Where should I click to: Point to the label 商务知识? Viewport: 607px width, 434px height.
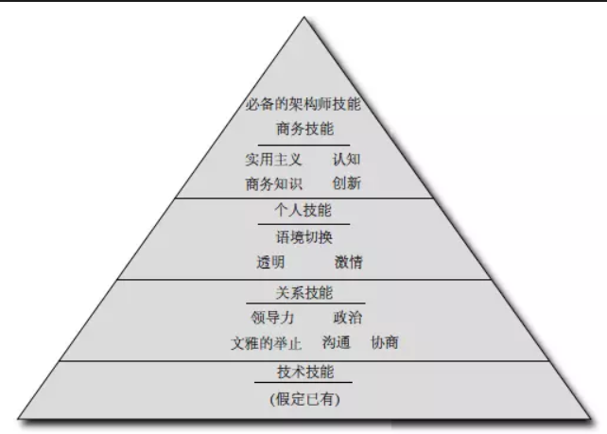click(274, 182)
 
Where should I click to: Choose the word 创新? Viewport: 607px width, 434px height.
click(346, 182)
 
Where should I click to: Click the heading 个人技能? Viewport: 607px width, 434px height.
click(304, 212)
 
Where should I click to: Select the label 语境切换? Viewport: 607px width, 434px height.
click(304, 237)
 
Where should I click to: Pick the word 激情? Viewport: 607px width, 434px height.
click(348, 262)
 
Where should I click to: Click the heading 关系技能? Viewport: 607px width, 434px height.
click(304, 293)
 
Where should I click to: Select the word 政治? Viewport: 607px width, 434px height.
click(347, 318)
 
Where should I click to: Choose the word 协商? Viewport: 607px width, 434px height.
click(385, 342)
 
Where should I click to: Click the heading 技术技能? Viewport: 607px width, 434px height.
click(304, 373)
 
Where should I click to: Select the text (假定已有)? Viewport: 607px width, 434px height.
click(304, 399)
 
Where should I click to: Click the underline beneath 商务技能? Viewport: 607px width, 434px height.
click(304, 145)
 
